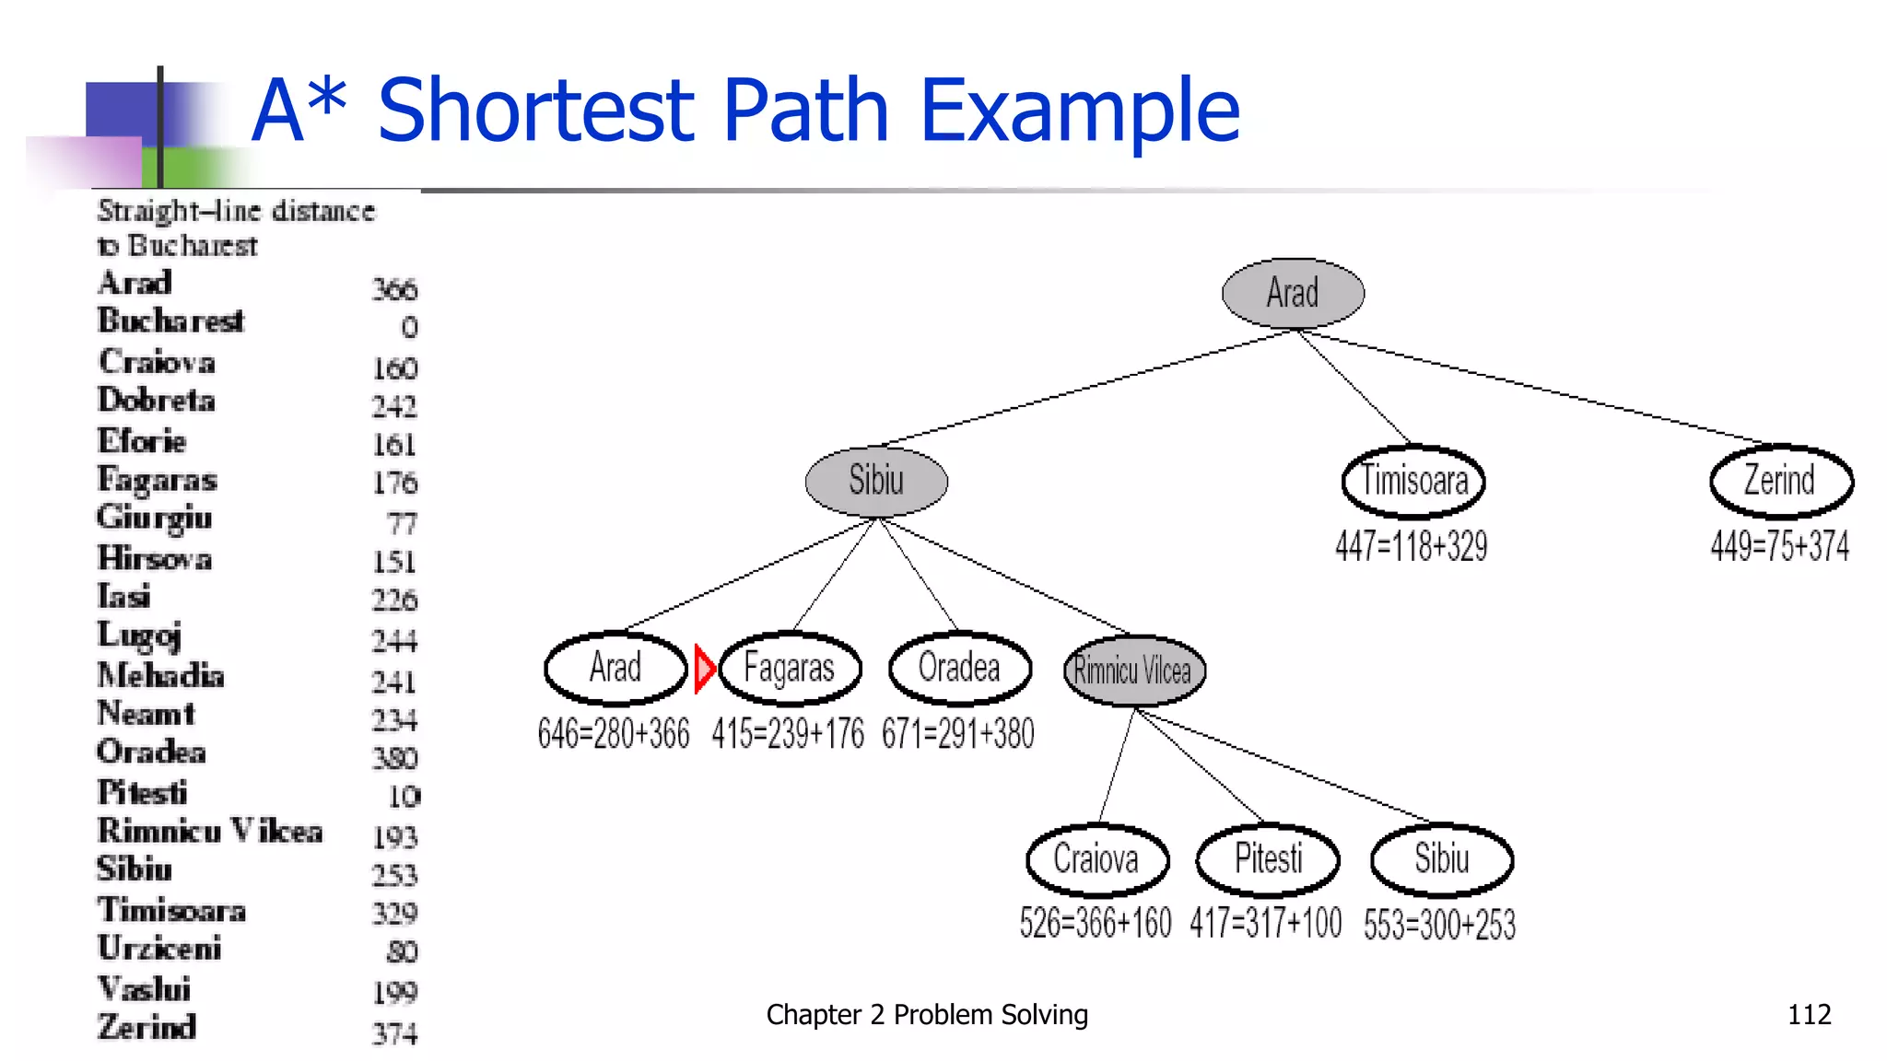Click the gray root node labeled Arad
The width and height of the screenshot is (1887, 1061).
pos(1293,293)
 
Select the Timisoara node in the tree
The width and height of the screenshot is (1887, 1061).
pos(1413,481)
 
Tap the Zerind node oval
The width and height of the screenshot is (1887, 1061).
pos(1780,481)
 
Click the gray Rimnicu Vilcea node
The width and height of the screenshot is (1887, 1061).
pos(1133,670)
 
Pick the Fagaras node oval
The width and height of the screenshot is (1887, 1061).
pos(790,668)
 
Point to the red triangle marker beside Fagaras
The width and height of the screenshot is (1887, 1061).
pos(703,668)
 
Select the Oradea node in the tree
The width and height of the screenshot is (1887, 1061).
pos(959,668)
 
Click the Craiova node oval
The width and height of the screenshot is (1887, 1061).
pos(1096,859)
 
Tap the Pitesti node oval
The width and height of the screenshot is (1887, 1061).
pos(1268,859)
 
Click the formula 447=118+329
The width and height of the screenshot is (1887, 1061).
pos(1411,546)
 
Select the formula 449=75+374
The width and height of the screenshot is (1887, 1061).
pos(1779,546)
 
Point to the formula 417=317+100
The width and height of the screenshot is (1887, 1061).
pos(1265,923)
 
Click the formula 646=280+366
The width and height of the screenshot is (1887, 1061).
pos(614,734)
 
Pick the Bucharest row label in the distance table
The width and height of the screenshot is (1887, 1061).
pos(171,321)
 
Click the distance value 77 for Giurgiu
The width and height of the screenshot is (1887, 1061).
pos(402,524)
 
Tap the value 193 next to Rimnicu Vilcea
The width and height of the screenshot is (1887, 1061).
pos(395,837)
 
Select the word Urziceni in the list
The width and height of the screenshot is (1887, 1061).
pos(159,949)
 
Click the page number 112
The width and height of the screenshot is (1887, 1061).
pos(1809,1015)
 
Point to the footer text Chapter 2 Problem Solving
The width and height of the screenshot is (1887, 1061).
pos(927,1015)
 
